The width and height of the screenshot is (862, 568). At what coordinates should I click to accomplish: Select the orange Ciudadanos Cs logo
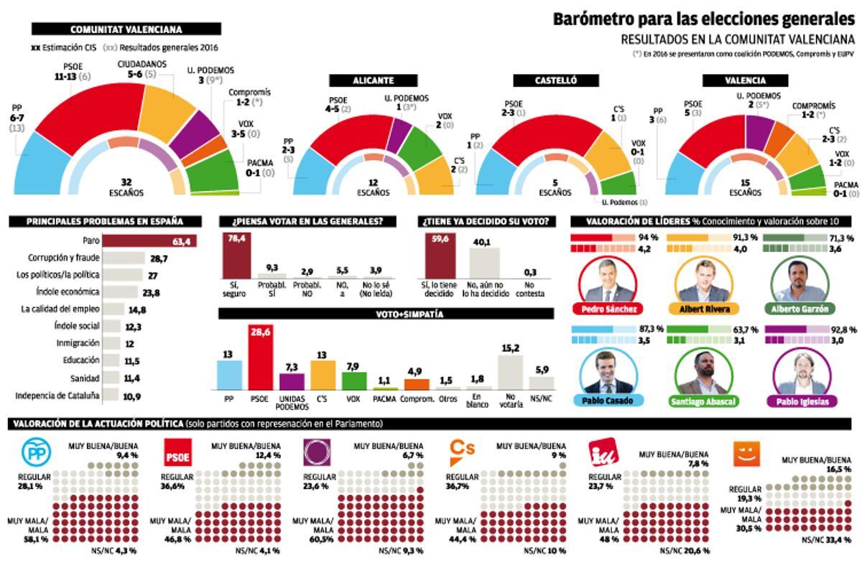[462, 450]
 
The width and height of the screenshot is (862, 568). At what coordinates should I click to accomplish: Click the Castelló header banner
[555, 80]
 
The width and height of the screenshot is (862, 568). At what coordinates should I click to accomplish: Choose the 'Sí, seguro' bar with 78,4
[237, 255]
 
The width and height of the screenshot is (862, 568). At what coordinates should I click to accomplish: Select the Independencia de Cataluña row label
[57, 396]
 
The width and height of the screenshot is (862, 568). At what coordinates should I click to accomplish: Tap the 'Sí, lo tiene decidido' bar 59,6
[440, 256]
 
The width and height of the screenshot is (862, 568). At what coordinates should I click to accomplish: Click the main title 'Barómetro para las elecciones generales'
[703, 19]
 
